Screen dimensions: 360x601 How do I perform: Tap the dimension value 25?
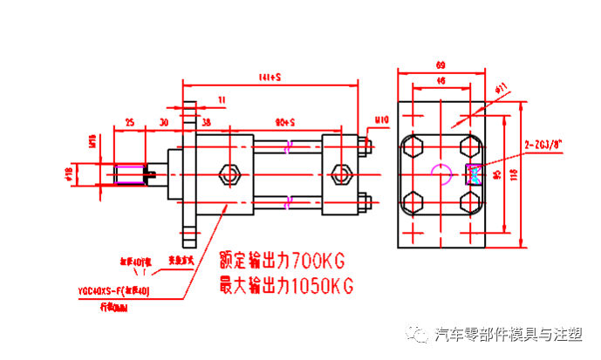[130, 122]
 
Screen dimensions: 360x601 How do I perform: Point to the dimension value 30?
[163, 122]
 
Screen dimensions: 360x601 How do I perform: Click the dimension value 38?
[206, 122]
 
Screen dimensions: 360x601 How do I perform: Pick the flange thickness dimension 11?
[222, 101]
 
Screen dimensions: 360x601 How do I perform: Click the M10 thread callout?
[381, 120]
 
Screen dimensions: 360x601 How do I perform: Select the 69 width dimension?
[441, 65]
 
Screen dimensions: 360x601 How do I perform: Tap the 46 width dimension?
[441, 81]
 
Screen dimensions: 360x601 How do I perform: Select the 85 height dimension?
[498, 174]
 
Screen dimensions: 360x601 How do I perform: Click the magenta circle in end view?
[442, 173]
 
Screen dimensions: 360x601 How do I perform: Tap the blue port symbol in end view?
[475, 173]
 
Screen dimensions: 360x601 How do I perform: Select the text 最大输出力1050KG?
[285, 285]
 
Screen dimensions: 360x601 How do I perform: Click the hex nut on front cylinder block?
[230, 173]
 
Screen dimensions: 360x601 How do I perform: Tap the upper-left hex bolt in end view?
[413, 144]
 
